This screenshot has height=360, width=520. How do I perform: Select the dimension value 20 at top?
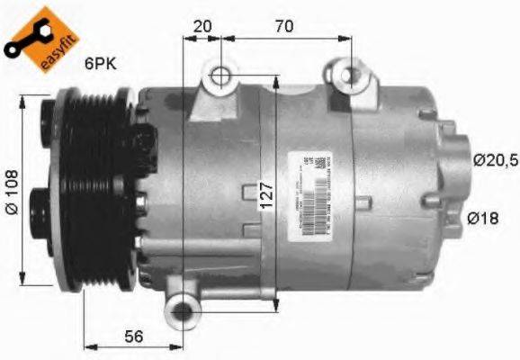pos(202,25)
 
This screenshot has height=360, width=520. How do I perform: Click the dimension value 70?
pos(283,25)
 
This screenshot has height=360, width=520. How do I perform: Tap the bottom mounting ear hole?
pos(184,311)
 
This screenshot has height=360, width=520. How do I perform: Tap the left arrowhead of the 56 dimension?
pos(88,346)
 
